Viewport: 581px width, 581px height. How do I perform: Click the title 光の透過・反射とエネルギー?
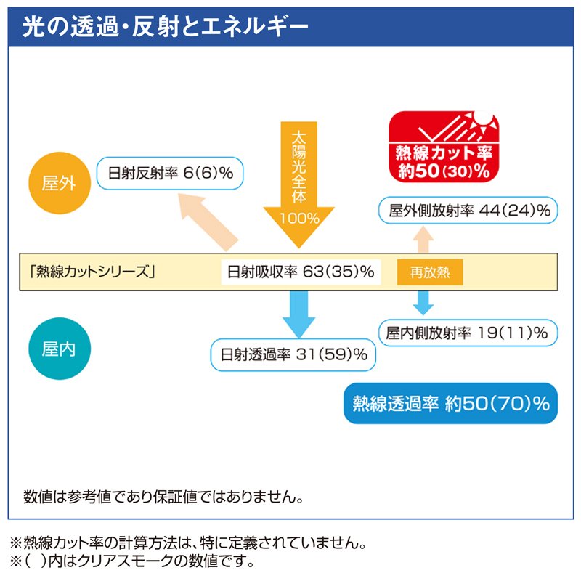[166, 27]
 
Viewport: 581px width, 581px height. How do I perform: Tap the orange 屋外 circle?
[52, 182]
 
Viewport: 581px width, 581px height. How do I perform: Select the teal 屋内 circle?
[52, 349]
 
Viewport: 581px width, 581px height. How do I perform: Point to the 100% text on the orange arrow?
[298, 218]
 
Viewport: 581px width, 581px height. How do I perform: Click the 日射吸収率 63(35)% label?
[300, 272]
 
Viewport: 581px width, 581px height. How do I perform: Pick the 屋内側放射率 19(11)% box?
[468, 333]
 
